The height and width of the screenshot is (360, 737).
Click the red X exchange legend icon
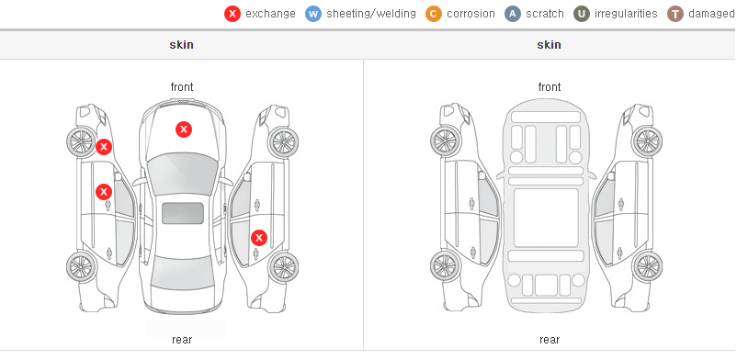tap(232, 14)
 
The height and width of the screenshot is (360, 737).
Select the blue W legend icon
tap(313, 14)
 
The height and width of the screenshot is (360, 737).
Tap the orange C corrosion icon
tap(434, 14)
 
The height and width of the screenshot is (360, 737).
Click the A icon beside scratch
tap(513, 14)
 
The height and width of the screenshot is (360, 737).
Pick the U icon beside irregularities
tap(582, 14)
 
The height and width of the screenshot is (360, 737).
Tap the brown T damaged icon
tap(675, 14)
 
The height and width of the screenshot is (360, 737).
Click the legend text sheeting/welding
tap(371, 14)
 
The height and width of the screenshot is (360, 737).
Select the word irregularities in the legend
tap(626, 14)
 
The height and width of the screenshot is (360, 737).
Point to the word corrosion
tap(471, 14)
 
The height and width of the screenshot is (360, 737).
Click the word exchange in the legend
tap(270, 14)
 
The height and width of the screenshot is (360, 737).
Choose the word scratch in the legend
tap(545, 14)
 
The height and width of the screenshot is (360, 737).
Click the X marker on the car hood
tap(184, 129)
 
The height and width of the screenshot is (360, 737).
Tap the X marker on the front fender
tap(104, 147)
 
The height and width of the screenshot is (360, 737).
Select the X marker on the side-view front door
tap(104, 192)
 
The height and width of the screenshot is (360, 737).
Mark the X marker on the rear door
tap(258, 238)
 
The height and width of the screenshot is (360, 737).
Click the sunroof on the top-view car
tap(183, 213)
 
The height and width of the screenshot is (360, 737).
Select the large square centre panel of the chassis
tap(546, 218)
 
